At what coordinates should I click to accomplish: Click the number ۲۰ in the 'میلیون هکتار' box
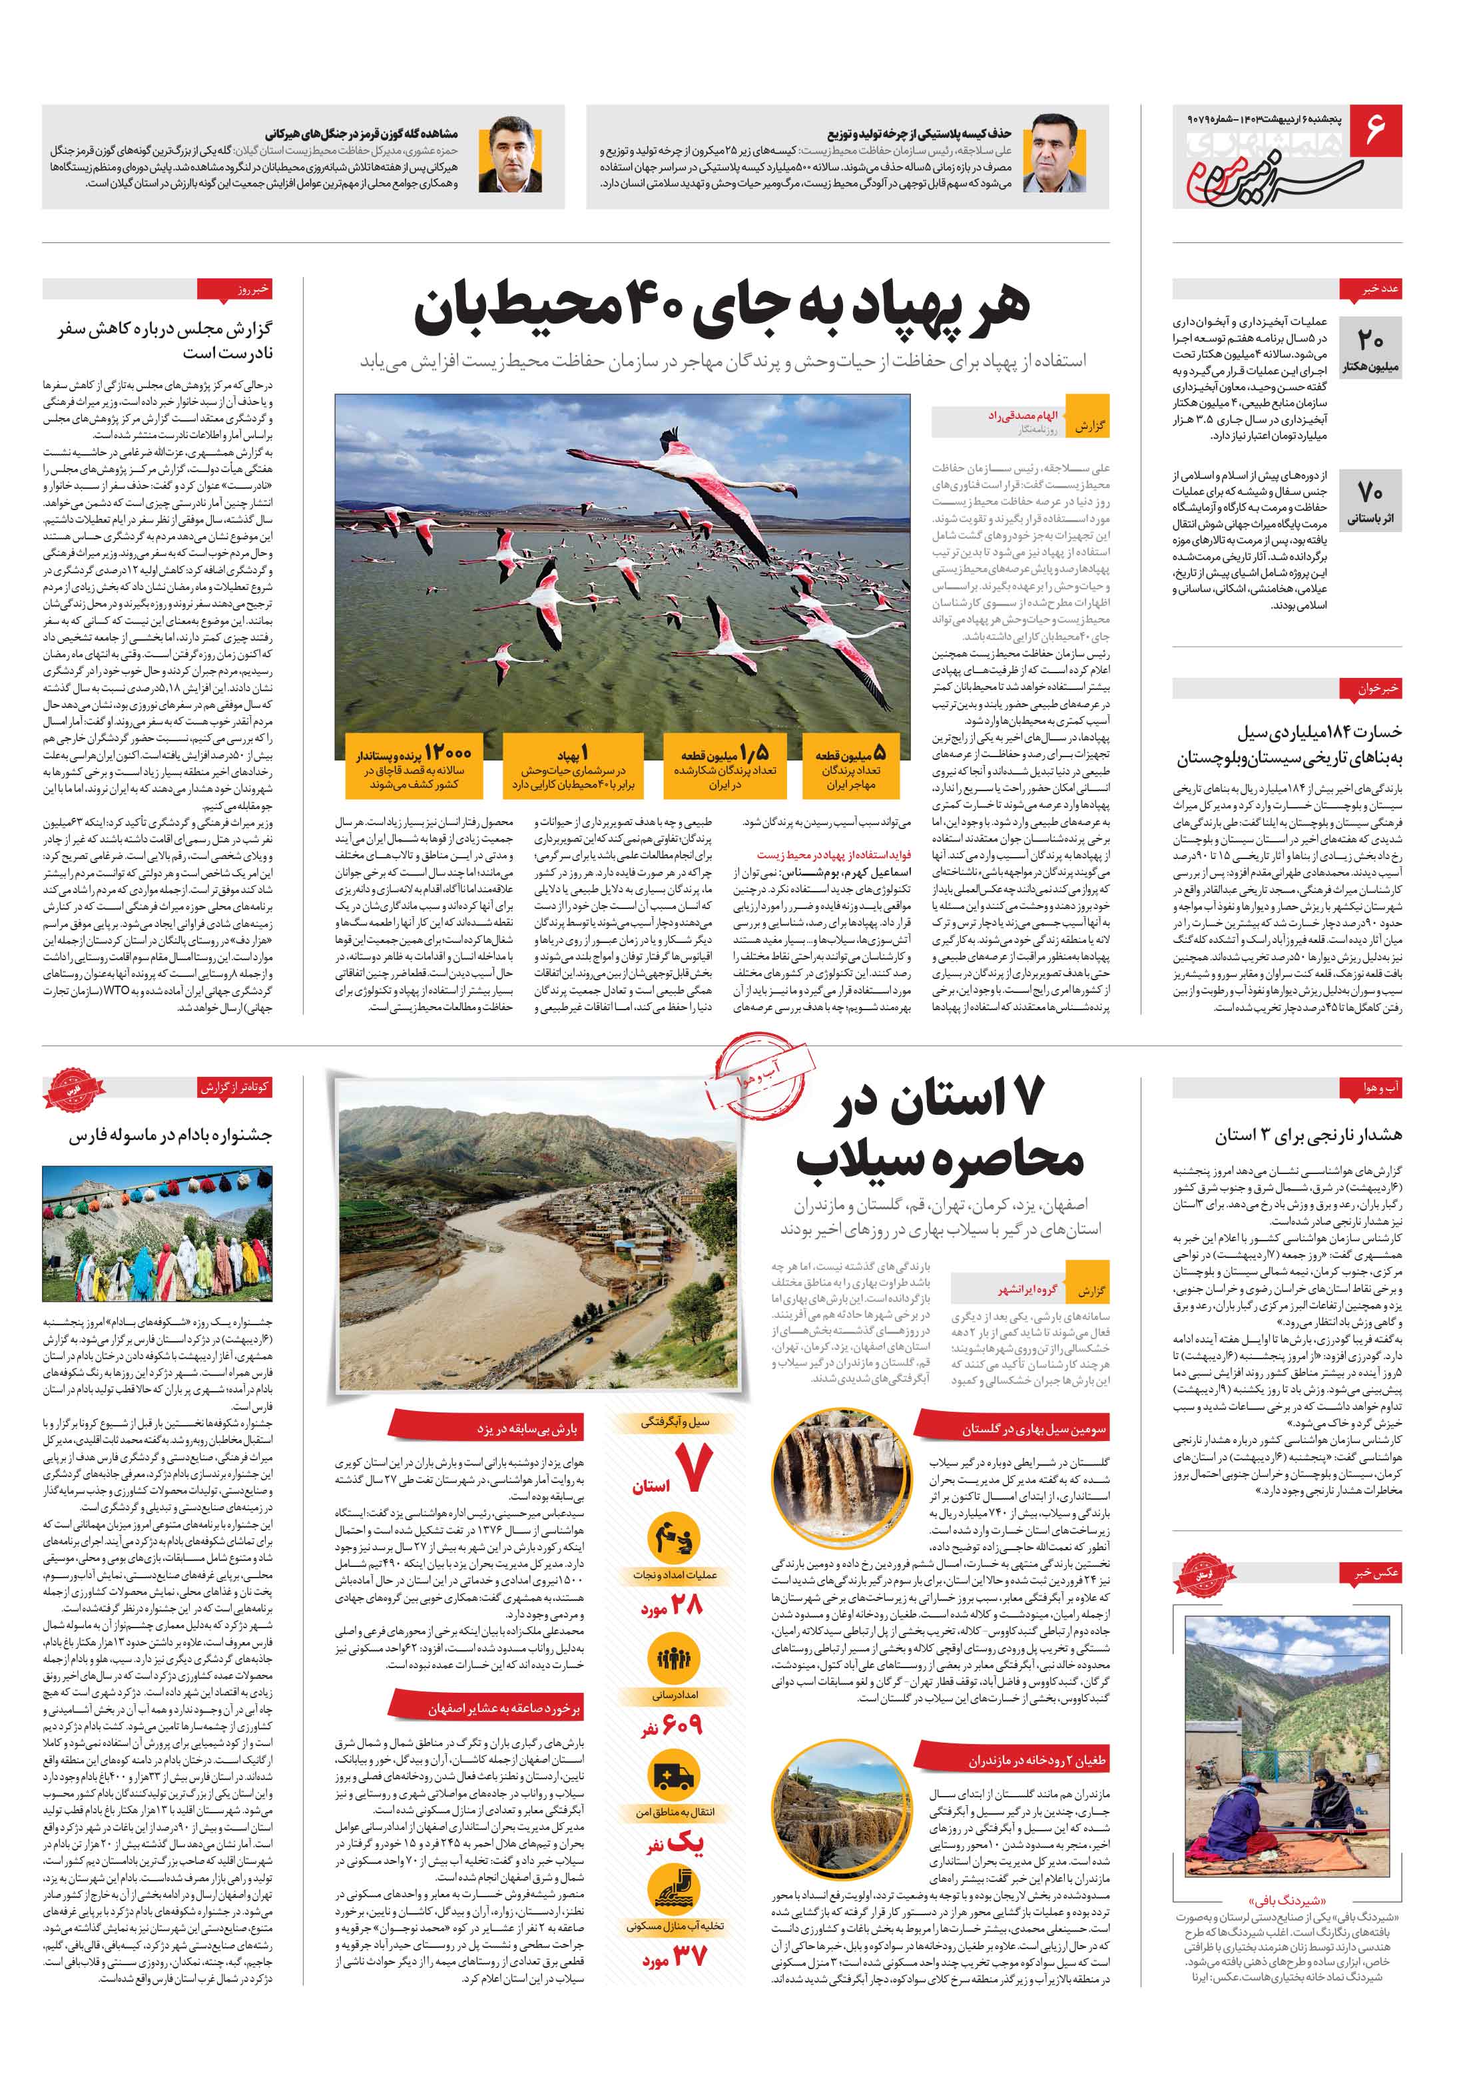[x=1370, y=342]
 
